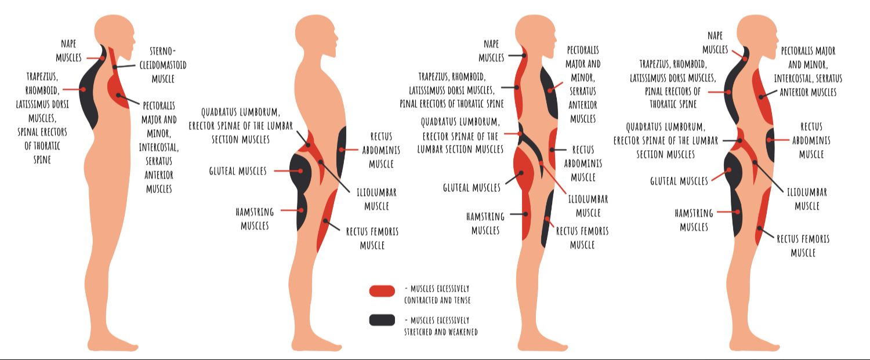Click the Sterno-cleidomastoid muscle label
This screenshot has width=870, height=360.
click(x=163, y=64)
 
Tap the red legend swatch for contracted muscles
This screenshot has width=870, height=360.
click(x=382, y=291)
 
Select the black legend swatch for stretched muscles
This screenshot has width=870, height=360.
click(x=382, y=320)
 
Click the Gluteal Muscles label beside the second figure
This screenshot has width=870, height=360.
click(x=238, y=171)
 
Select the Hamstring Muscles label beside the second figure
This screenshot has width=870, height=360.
click(x=255, y=219)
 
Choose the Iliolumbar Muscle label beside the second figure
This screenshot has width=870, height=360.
click(x=376, y=199)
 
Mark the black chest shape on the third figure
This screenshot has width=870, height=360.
click(x=549, y=93)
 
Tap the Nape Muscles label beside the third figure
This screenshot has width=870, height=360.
click(x=491, y=50)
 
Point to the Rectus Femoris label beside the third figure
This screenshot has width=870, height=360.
click(x=582, y=238)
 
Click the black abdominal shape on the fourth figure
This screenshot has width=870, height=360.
click(x=770, y=145)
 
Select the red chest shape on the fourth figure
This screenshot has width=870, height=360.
click(x=762, y=96)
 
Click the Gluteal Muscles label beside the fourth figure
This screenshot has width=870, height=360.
click(x=679, y=181)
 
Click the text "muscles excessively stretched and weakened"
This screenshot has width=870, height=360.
click(x=441, y=326)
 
